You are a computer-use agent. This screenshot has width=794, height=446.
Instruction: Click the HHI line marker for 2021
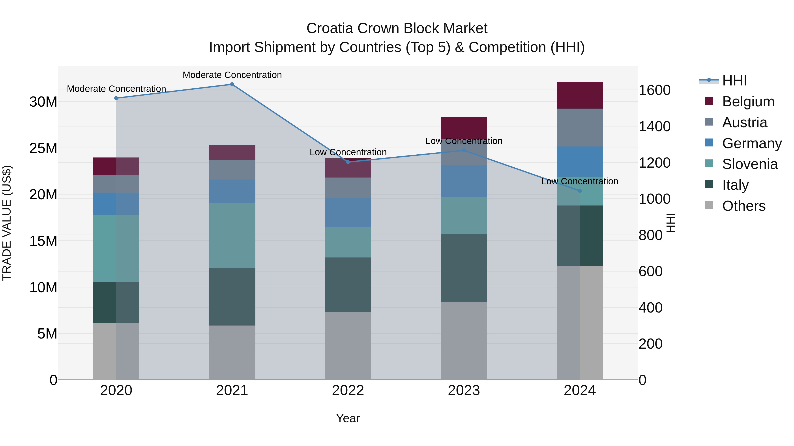[232, 84]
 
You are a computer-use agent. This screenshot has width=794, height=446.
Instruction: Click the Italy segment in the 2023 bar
[464, 268]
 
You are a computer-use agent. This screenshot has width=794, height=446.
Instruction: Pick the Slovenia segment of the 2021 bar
[232, 235]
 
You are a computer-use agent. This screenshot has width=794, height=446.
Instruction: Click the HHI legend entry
[734, 81]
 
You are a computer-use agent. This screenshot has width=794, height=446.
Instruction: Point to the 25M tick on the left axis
[43, 148]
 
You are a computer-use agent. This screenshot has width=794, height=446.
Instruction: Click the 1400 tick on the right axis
[654, 126]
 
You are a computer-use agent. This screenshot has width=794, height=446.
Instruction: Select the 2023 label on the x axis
[464, 390]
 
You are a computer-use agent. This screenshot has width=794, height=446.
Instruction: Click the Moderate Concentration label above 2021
[232, 75]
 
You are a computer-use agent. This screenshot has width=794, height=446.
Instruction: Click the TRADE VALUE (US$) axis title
[7, 223]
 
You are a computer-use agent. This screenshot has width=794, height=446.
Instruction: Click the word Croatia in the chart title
[330, 28]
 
